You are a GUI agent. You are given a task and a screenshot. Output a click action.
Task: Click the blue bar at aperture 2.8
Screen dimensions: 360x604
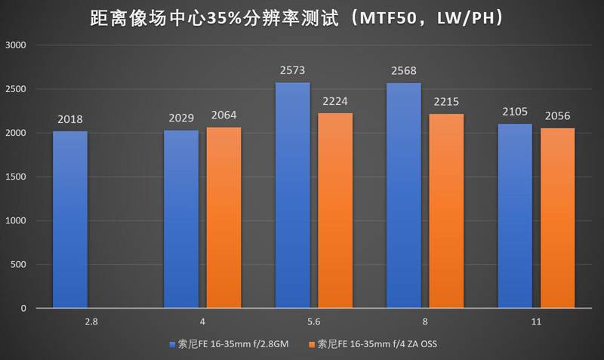click(x=70, y=220)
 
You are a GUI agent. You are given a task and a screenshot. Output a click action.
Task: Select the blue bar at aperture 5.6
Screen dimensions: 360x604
click(x=293, y=195)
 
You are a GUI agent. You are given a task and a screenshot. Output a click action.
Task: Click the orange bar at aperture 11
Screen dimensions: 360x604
click(x=558, y=218)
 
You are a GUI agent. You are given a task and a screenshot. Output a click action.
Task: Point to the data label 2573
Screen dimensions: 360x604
click(x=293, y=71)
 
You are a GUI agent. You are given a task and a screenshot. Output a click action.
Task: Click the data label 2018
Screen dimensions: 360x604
click(x=70, y=119)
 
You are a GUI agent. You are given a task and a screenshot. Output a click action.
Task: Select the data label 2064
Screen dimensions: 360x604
click(x=224, y=115)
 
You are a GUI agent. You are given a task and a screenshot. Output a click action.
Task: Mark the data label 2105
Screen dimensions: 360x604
click(x=515, y=112)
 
